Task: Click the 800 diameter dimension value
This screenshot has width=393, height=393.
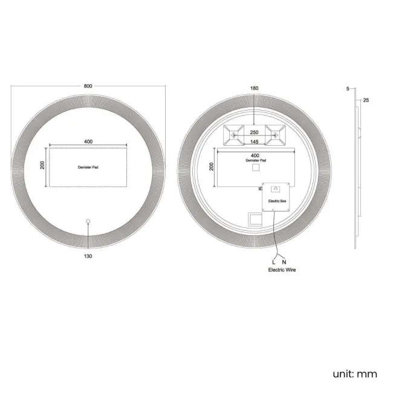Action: tap(88, 86)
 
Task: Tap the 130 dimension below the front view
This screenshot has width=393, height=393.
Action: tap(88, 256)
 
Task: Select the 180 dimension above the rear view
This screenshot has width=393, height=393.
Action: tap(254, 89)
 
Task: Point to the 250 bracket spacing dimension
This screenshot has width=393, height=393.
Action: tap(254, 132)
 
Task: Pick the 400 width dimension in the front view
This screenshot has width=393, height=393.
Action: tap(88, 141)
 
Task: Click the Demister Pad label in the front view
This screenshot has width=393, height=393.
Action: tap(88, 166)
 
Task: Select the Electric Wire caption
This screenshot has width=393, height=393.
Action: tap(282, 270)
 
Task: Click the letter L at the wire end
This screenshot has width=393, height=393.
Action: tap(273, 262)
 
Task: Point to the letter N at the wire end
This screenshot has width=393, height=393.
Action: tap(285, 262)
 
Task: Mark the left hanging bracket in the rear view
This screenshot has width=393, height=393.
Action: tap(233, 135)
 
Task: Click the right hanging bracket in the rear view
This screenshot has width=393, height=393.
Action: tap(275, 135)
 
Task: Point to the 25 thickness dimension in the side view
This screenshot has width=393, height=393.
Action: tap(366, 100)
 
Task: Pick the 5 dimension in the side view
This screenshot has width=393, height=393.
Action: tap(348, 89)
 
